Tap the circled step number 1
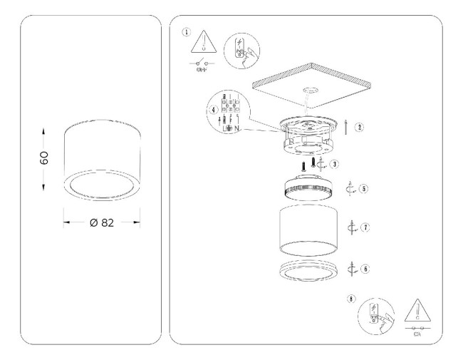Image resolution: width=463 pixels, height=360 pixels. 187,32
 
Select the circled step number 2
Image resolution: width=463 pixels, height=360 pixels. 360,128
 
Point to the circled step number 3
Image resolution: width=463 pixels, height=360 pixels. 334,164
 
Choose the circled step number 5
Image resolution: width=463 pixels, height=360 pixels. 363,190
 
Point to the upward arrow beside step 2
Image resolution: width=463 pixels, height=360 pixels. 345,128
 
